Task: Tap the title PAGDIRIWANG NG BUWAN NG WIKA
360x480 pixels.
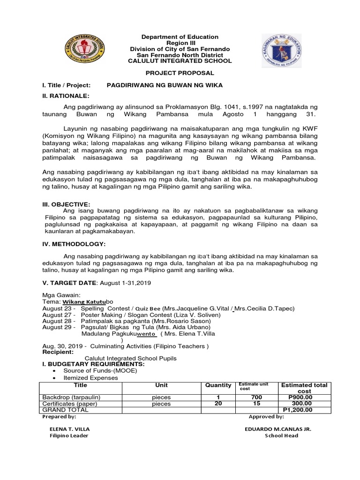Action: coord(165,85)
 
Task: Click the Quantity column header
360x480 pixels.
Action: coord(218,385)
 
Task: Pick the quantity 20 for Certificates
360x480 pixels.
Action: coord(218,403)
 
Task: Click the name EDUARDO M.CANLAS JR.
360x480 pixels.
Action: coord(278,429)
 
